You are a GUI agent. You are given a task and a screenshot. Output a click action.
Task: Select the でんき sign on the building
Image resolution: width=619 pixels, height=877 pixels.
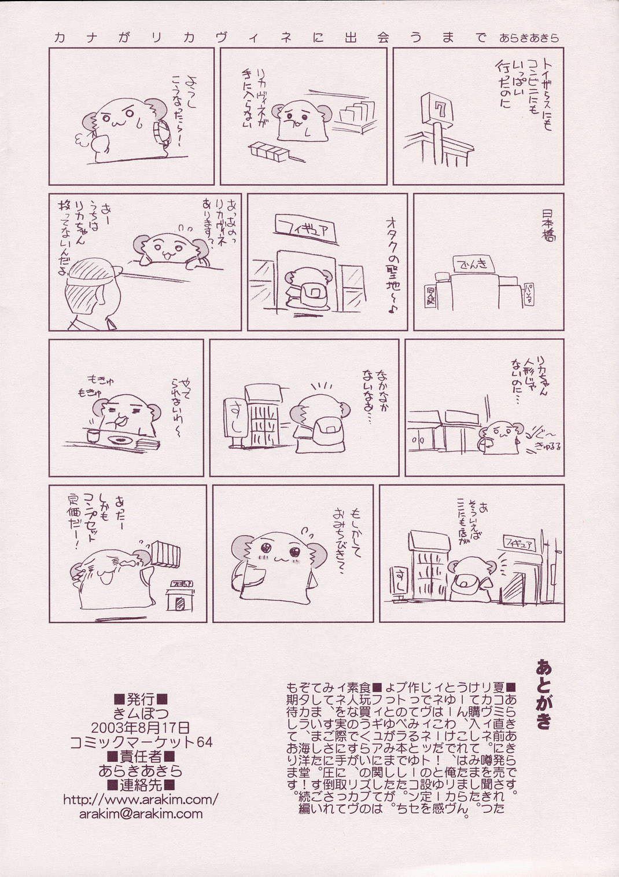(x=474, y=265)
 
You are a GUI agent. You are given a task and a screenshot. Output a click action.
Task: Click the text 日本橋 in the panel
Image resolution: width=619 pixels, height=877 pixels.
(x=547, y=224)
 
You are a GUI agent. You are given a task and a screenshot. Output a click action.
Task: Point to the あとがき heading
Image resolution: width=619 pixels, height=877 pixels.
(x=543, y=693)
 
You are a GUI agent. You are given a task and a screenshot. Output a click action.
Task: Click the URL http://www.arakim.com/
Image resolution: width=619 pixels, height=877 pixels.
(x=141, y=799)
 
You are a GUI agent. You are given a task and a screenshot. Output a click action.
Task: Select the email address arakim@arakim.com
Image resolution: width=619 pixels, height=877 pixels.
(x=141, y=814)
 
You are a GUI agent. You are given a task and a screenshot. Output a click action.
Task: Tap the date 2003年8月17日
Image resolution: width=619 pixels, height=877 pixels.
(x=141, y=727)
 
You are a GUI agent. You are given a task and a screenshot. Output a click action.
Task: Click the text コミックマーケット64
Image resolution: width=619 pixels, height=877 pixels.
(x=141, y=742)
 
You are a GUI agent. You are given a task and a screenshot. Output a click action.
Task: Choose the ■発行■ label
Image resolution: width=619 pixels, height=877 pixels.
(x=141, y=698)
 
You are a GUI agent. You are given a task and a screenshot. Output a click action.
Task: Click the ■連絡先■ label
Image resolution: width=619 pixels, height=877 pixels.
(x=141, y=785)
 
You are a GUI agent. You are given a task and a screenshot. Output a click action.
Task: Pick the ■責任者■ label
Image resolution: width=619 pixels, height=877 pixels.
(x=141, y=756)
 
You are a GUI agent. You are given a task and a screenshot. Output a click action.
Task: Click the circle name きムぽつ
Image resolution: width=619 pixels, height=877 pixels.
(x=141, y=713)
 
